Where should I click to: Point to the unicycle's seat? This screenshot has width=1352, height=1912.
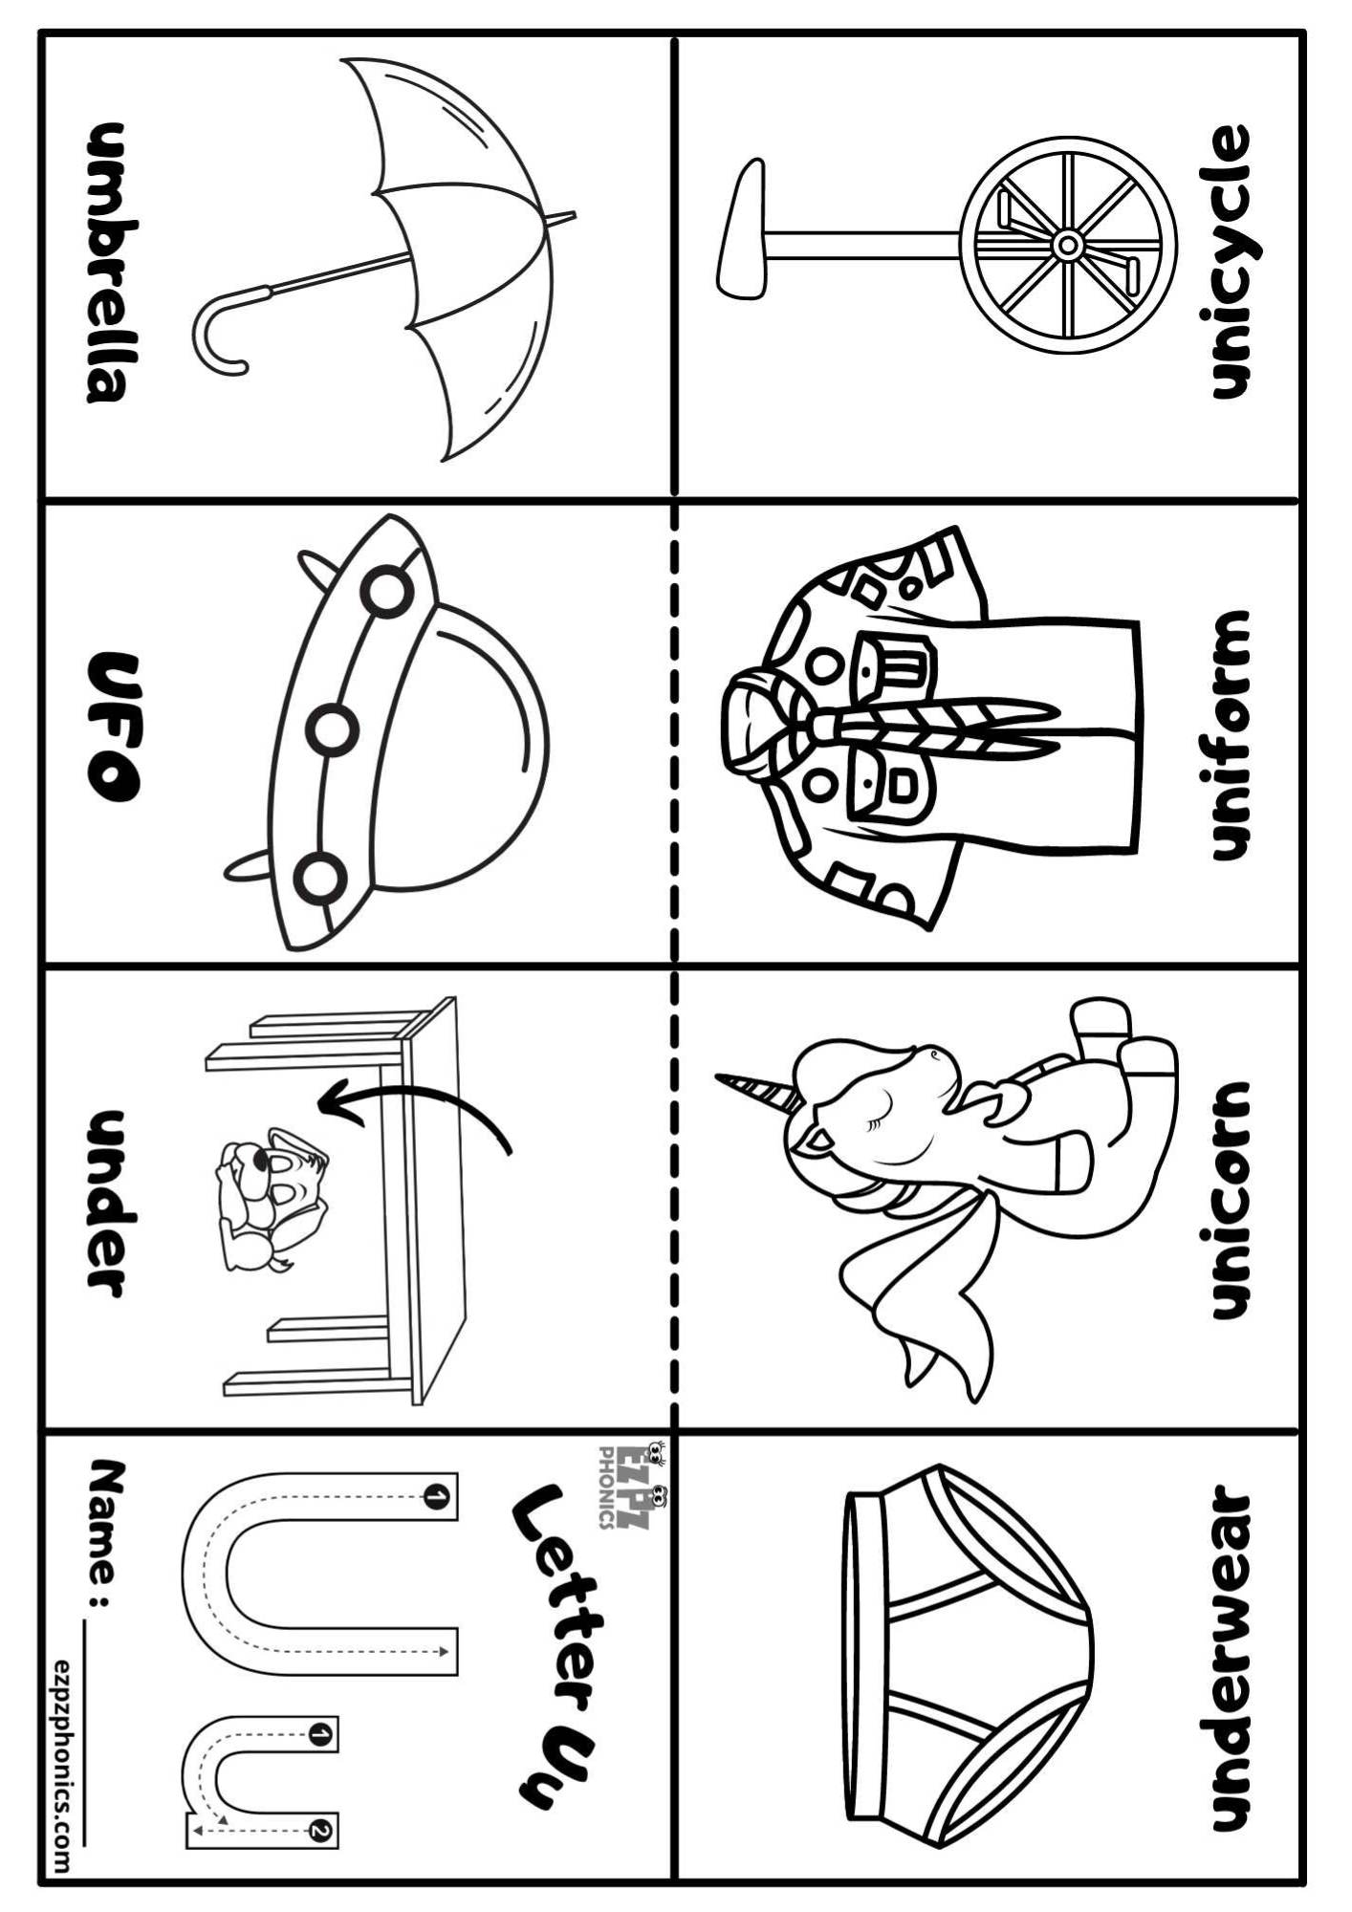click(x=742, y=228)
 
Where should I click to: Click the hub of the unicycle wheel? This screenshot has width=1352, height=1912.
click(x=1066, y=246)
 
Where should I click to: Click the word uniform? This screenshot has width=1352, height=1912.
click(x=1229, y=736)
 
